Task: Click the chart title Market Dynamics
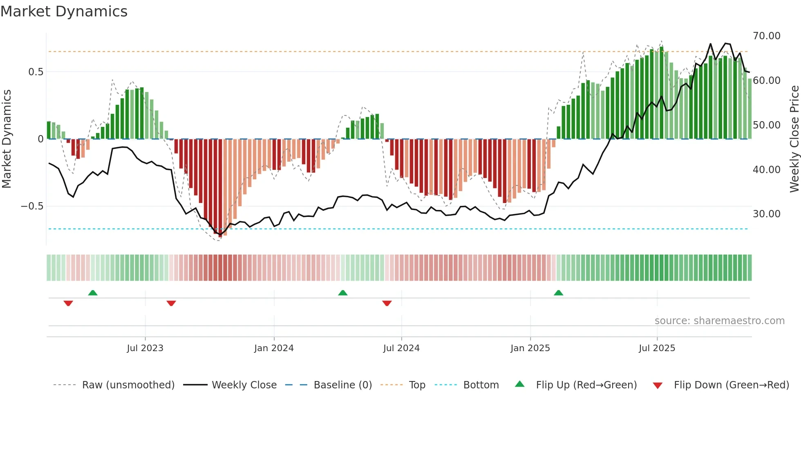(64, 11)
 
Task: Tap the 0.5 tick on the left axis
(36, 72)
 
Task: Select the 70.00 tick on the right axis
(766, 36)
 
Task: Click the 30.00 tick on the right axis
(766, 214)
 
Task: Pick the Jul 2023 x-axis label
(145, 348)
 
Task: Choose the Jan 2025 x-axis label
(530, 348)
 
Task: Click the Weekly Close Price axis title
(794, 139)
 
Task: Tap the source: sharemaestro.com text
(719, 321)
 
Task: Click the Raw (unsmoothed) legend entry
(128, 385)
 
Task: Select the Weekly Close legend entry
(244, 385)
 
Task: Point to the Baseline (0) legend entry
(342, 385)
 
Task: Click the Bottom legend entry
(481, 385)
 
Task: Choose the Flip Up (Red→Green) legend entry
(586, 385)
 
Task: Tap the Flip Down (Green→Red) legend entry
(731, 385)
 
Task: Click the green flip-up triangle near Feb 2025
(558, 293)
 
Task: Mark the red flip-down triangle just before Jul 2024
(387, 303)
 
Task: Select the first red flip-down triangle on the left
(68, 303)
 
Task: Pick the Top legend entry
(417, 385)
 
